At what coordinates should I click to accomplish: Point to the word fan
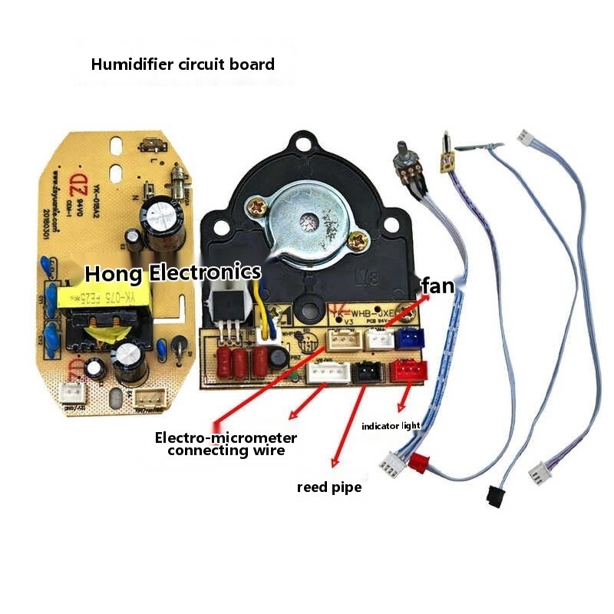tap(438, 286)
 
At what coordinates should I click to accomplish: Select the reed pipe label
tap(328, 487)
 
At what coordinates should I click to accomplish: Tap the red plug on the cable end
tap(418, 463)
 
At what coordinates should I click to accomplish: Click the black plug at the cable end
tap(494, 495)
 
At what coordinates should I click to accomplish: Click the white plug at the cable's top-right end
tap(526, 137)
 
